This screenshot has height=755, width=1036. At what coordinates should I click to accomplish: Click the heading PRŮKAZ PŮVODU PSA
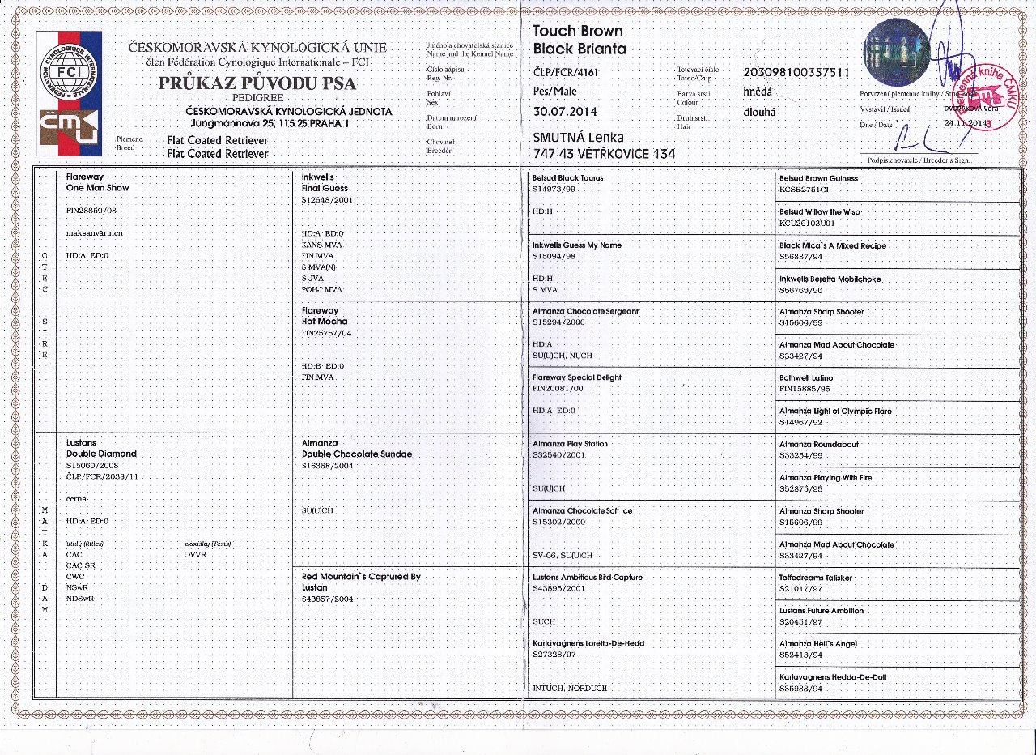[257, 83]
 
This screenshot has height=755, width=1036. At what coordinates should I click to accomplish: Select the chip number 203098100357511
[796, 72]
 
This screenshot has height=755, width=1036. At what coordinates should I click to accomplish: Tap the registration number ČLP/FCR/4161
[566, 72]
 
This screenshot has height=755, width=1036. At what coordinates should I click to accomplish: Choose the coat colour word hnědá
[758, 92]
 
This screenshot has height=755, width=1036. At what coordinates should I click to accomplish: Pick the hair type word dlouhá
[758, 113]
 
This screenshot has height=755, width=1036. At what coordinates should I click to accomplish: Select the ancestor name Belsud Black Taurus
[567, 178]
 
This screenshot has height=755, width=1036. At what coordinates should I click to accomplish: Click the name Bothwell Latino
[806, 378]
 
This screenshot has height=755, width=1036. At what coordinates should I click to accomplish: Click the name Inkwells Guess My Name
[577, 245]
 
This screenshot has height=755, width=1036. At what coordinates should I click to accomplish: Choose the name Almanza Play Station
[570, 445]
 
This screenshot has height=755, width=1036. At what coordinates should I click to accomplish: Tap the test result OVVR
[196, 555]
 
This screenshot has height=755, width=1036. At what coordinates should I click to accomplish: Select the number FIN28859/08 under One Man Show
[90, 210]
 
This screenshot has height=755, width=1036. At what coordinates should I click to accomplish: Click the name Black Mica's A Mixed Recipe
[833, 245]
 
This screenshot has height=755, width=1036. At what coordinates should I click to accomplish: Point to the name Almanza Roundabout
[818, 445]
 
